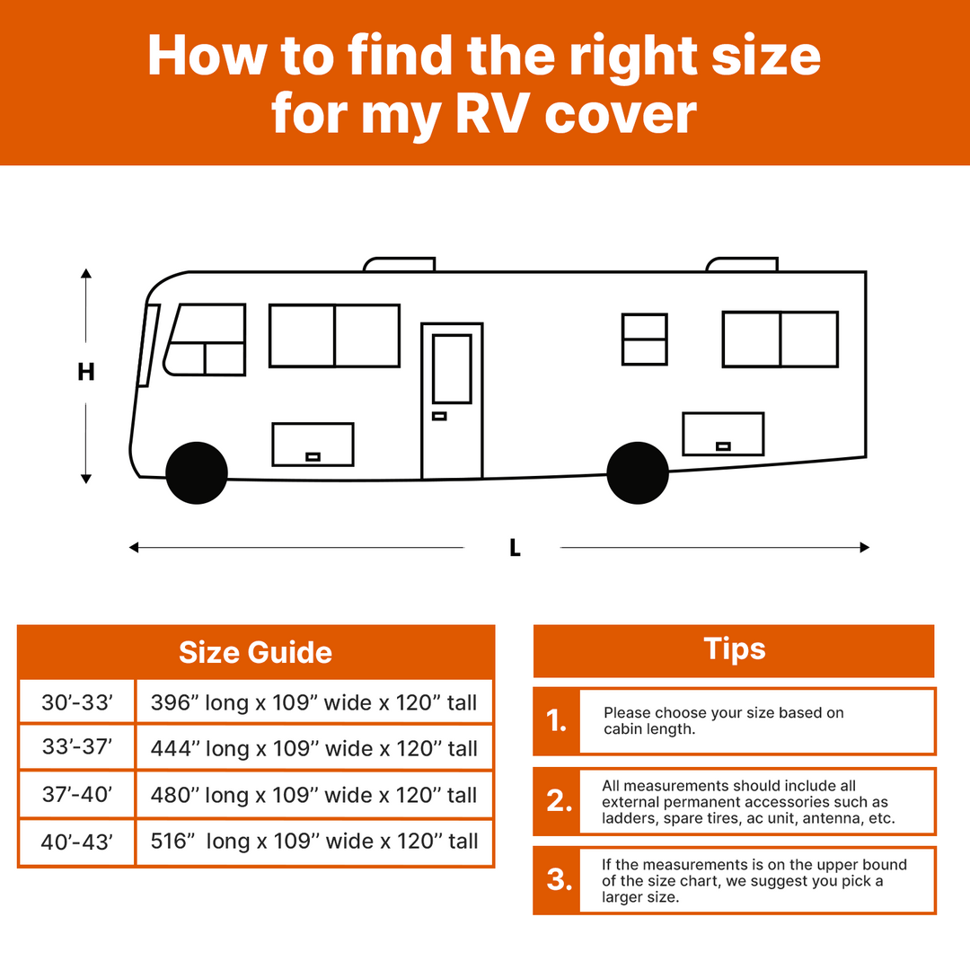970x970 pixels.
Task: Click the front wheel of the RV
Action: point(197,473)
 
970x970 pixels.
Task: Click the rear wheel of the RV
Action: point(638,473)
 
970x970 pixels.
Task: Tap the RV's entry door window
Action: point(452,369)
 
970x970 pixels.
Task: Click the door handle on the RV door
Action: point(439,417)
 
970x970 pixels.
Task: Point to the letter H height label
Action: point(86,372)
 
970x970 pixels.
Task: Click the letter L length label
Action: point(515,548)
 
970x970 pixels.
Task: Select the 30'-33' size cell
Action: point(76,701)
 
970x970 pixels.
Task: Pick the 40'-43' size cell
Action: point(76,842)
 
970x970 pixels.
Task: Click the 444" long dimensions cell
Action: point(314,748)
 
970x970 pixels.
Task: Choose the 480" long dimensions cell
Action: point(314,795)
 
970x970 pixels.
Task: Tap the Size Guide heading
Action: point(255,653)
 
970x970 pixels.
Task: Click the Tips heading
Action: point(735,649)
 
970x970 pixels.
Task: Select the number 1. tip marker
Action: point(556,720)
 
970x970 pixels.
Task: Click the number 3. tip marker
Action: point(560,879)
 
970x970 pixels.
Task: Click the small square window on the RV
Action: point(645,339)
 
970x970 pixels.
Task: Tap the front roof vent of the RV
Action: point(400,264)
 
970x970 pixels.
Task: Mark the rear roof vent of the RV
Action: point(743,264)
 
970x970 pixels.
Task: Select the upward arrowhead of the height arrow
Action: point(86,273)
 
